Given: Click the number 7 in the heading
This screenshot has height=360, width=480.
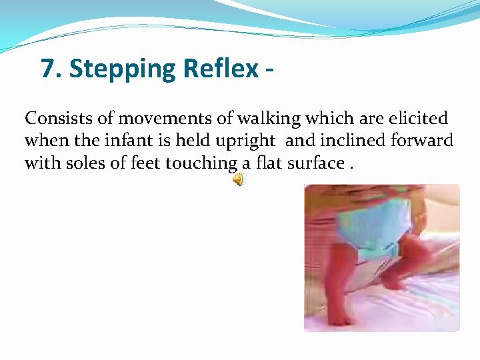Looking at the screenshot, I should (47, 69).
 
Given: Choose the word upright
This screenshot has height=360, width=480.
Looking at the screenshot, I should (248, 141).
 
